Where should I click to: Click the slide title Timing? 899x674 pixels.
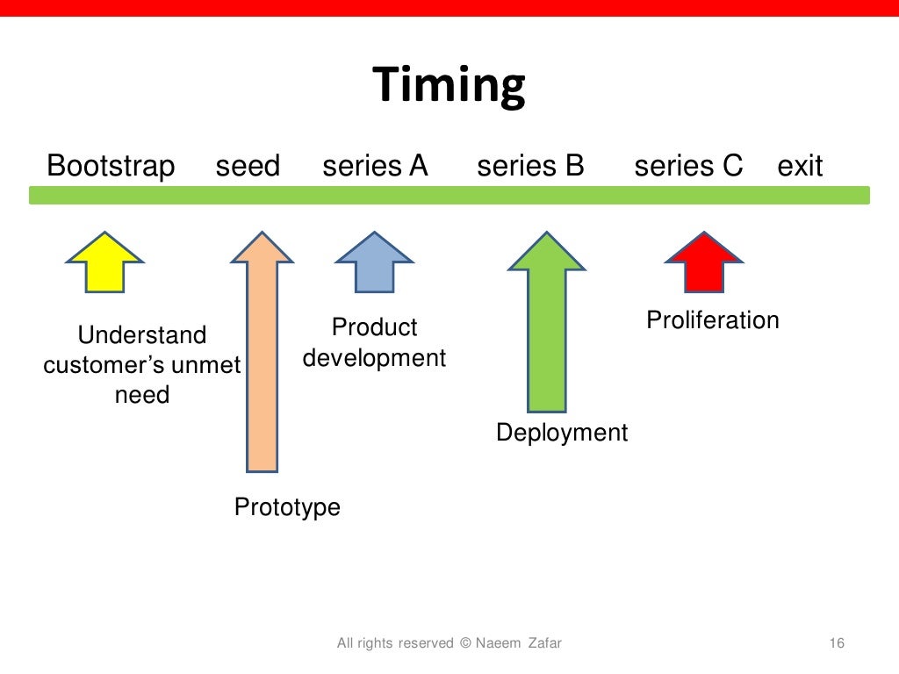coord(449,86)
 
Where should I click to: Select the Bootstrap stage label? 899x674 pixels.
coord(111,166)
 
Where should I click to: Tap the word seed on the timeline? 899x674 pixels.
coord(248,166)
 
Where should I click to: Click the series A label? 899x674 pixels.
coord(375,166)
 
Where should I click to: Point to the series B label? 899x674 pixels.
coord(530,166)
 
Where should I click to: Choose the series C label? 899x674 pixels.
coord(688,166)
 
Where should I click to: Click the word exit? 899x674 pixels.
coord(800,166)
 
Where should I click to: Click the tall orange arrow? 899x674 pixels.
coord(262,351)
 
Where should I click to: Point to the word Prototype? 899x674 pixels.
coord(287,507)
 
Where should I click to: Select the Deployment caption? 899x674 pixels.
coord(562,433)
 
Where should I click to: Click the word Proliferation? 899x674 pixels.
coord(713,320)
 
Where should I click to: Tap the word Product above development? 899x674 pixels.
coord(374,327)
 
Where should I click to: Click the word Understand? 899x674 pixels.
coord(142,335)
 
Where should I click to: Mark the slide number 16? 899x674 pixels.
coord(836,643)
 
